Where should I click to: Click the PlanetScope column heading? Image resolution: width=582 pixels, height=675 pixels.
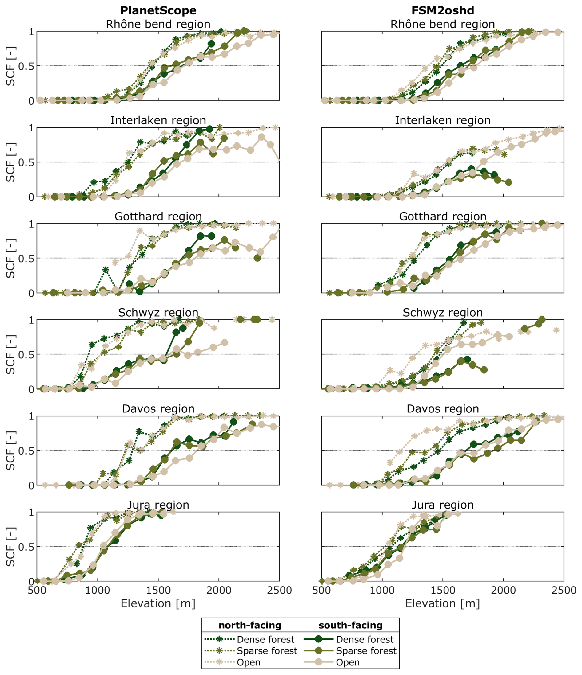[x=158, y=10]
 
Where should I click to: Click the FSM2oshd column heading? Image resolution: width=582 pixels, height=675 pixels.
[x=443, y=10]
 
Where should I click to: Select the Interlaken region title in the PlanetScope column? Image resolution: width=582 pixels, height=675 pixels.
[x=158, y=120]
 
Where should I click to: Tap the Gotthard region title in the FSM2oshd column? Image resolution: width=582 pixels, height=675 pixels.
[x=443, y=216]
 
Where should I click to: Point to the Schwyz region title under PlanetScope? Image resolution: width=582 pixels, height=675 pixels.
[x=158, y=312]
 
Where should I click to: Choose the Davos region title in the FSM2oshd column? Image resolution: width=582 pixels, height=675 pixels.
[x=443, y=408]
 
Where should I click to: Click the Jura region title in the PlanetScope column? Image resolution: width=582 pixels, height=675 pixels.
[x=158, y=505]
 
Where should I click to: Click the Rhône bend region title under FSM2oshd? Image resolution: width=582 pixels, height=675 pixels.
[x=443, y=24]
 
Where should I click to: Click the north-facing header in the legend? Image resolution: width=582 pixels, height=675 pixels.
[x=250, y=625]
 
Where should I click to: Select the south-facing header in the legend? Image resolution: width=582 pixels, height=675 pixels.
[x=350, y=625]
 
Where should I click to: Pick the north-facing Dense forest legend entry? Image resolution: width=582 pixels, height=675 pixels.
[x=265, y=639]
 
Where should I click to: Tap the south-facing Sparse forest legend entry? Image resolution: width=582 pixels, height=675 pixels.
[x=366, y=651]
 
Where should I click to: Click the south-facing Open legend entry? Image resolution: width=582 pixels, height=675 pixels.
[x=348, y=662]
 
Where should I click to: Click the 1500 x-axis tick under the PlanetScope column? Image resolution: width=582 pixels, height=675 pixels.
[x=158, y=590]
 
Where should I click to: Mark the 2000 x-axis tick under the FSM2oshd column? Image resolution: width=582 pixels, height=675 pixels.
[x=503, y=590]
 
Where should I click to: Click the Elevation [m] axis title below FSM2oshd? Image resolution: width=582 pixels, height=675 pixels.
[x=443, y=604]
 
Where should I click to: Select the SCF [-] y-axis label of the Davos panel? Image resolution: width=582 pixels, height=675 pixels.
[x=11, y=451]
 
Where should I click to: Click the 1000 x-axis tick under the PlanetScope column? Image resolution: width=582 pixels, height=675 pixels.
[x=98, y=590]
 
